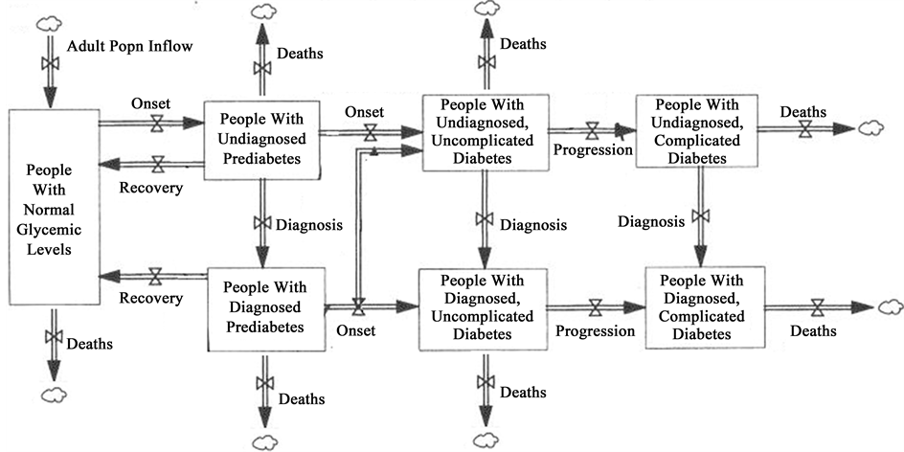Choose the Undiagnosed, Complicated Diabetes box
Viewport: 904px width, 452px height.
696,129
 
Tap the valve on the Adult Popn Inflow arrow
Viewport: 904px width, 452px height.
46,63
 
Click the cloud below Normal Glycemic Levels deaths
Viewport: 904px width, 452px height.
53,395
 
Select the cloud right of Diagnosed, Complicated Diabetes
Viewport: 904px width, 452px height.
891,307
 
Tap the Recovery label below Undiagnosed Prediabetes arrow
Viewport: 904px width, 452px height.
150,187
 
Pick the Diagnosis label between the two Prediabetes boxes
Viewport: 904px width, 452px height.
309,225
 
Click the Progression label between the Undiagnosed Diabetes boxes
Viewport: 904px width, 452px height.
595,150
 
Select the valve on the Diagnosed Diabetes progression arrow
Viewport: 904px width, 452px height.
595,307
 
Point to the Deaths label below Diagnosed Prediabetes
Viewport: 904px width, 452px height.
302,397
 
